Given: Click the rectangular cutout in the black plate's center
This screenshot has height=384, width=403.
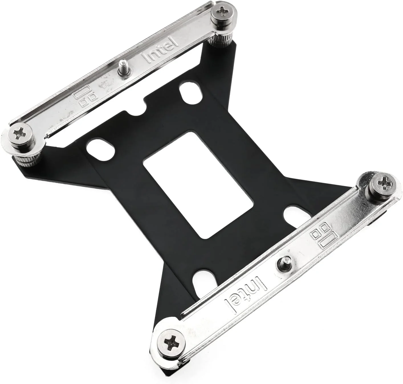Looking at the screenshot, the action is tap(198, 185).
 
